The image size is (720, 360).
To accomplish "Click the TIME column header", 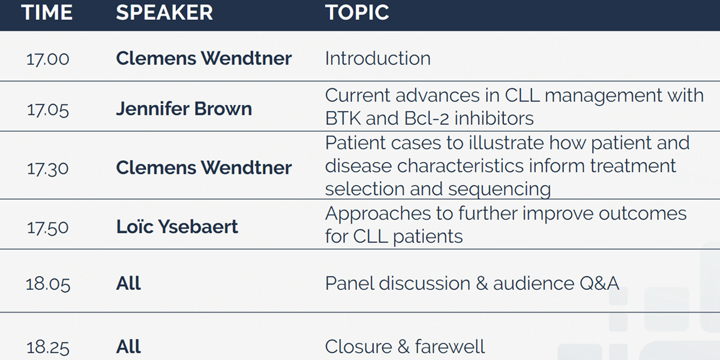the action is (x=47, y=13).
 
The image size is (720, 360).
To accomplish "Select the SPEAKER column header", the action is (x=164, y=13).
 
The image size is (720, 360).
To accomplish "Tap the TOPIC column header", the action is (x=357, y=13).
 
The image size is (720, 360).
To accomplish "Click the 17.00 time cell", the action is (x=47, y=59).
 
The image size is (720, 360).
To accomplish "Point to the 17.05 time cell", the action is (x=47, y=110).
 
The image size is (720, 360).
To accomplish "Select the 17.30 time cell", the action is (x=47, y=169).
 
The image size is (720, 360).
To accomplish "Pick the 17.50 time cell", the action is (x=47, y=227).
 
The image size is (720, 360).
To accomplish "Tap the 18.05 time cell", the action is (x=47, y=284).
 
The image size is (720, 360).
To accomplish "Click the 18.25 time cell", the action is (x=47, y=347).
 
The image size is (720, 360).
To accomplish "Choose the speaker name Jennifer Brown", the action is (x=184, y=109).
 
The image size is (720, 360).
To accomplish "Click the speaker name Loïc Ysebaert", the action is (x=177, y=227).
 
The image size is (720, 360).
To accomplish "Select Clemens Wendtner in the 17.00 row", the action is (x=204, y=58).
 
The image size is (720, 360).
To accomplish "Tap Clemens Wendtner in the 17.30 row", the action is (x=204, y=167).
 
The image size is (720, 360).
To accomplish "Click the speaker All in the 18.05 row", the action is (x=128, y=283).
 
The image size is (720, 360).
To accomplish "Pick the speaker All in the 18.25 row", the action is (x=128, y=347).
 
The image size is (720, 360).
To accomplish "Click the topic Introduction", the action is (x=377, y=59).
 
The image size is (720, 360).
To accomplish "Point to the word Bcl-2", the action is (x=426, y=118).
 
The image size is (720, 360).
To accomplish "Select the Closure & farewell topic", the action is (x=404, y=347).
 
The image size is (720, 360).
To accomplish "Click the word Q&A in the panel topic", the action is (x=599, y=283).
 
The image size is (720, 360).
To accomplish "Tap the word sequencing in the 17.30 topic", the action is (x=499, y=189).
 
